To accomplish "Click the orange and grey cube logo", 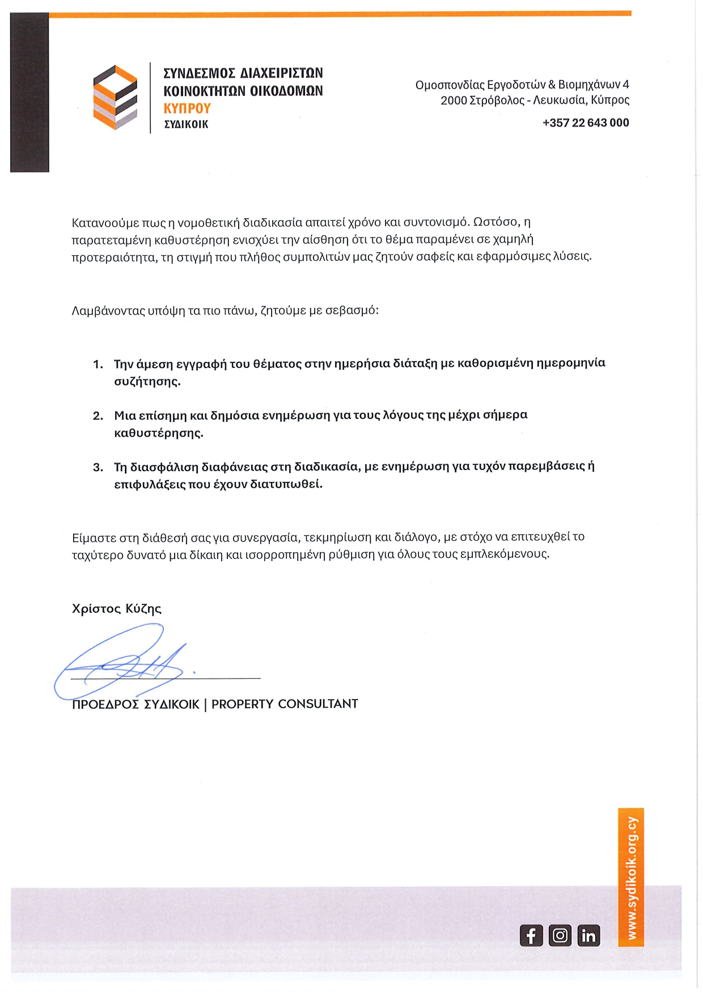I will pos(115,97).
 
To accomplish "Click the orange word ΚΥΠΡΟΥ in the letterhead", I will pos(187,108).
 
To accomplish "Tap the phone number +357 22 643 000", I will pos(585,122).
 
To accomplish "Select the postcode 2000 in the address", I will pos(453,100).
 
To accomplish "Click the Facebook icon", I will pos(531,935).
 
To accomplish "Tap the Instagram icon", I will pos(560,935).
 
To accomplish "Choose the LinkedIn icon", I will pos(588,935).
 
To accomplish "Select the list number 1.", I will pos(98,364).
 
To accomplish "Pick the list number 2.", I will pos(98,416).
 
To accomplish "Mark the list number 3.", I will pos(98,467).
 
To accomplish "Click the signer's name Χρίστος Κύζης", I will pos(117,608).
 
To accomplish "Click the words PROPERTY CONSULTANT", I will pos(285,704).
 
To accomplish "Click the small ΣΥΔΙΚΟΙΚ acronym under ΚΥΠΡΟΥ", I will pos(186,124).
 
